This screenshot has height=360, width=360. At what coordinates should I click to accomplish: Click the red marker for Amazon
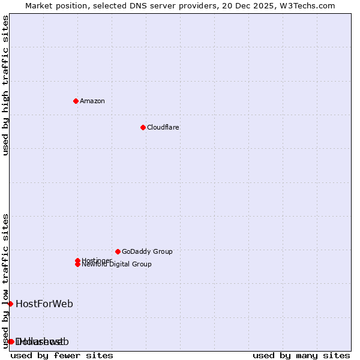[x=76, y=101]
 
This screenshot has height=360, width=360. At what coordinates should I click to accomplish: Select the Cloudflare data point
[x=143, y=127]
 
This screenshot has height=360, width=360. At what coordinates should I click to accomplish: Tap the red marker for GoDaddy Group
[x=118, y=251]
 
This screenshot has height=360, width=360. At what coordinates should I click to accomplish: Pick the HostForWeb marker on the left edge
[x=10, y=304]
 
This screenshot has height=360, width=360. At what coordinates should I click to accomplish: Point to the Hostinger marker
[x=77, y=260]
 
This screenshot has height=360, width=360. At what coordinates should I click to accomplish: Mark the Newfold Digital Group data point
[x=77, y=264]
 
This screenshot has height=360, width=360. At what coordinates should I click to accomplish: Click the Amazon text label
[x=92, y=101]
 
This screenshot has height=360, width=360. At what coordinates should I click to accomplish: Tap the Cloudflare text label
[x=163, y=127]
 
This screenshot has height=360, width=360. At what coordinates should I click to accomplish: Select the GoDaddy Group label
[x=147, y=251]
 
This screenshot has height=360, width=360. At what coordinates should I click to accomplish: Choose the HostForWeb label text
[x=44, y=304]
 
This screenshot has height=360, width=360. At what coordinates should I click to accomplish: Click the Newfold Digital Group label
[x=116, y=265]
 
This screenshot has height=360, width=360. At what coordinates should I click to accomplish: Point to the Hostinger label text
[x=97, y=260]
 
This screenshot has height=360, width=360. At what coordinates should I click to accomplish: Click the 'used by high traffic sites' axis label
[x=5, y=85]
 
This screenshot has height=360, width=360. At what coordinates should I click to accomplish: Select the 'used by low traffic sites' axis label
[x=5, y=281]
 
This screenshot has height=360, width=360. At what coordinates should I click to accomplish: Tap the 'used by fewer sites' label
[x=62, y=355]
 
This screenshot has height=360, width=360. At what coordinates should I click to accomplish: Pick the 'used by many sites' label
[x=301, y=355]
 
